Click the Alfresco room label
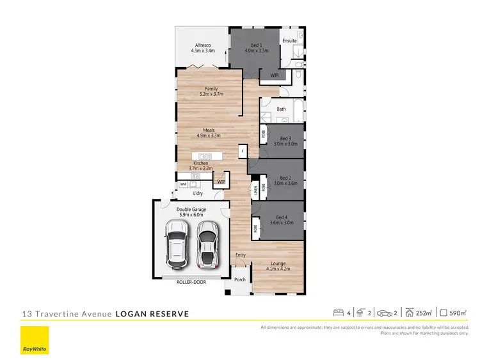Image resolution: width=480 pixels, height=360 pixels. click(x=204, y=45)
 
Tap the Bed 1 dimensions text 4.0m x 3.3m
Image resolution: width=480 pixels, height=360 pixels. click(x=255, y=50)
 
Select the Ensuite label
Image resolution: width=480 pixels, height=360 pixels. click(x=290, y=41)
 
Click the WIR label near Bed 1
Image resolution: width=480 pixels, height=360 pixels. click(x=274, y=75)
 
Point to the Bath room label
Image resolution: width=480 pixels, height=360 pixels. click(x=281, y=109)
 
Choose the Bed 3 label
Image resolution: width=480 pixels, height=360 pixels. click(x=285, y=139)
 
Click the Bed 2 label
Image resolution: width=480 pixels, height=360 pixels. click(x=285, y=178)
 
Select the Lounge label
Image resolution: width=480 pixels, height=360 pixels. click(x=278, y=263)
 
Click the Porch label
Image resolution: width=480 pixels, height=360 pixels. click(x=240, y=279)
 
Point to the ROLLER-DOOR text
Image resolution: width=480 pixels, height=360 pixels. click(x=191, y=281)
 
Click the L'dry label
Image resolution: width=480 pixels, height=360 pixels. click(x=198, y=192)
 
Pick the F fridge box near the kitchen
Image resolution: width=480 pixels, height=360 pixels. click(x=243, y=152)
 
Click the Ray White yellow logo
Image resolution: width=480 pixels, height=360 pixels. click(x=35, y=340)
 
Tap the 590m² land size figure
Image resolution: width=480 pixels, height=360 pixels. click(x=458, y=313)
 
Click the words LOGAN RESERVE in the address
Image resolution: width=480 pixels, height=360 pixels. click(x=152, y=314)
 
